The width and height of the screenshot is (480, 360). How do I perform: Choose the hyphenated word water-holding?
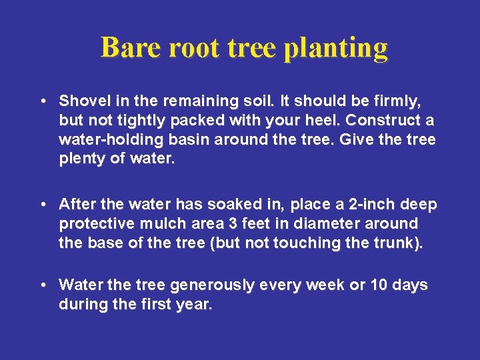tap(111, 140)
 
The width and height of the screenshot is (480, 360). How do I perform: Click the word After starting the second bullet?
tap(76, 204)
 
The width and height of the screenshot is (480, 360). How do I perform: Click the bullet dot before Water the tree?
tap(43, 285)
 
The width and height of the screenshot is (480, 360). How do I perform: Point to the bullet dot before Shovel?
tap(43, 101)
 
